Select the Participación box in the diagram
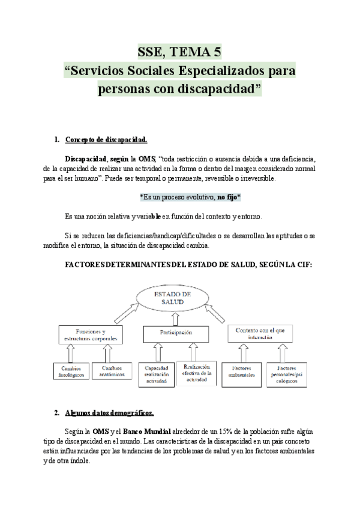tap(176, 332)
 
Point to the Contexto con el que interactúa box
tap(263, 334)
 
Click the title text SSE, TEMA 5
tap(179, 51)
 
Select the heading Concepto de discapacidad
tap(106, 140)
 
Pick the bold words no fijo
tap(227, 197)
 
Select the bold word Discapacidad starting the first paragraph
tap(85, 158)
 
